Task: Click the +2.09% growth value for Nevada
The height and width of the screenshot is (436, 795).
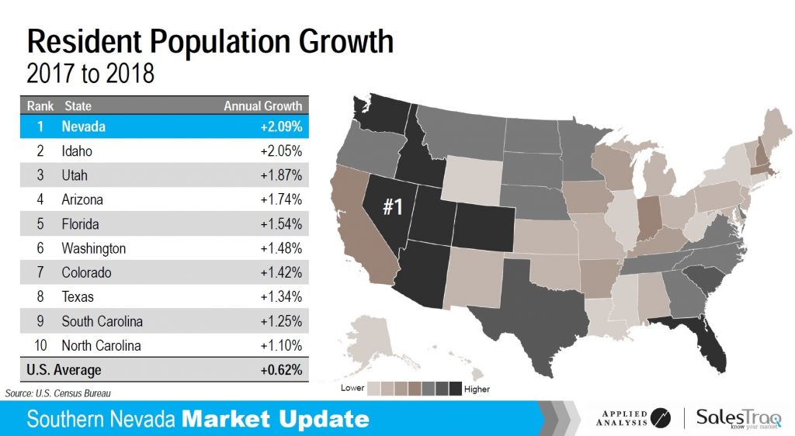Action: pos(280,127)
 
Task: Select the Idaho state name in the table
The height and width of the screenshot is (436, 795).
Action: pos(77,151)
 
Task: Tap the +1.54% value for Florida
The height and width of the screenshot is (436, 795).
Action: pos(280,224)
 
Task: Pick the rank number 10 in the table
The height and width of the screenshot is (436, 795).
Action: pos(39,345)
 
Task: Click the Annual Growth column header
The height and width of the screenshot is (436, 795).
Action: pos(262,106)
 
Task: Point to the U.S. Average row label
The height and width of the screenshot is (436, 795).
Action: pos(64,370)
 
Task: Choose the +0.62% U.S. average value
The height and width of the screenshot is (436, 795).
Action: pos(280,370)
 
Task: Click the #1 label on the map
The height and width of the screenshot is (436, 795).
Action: pos(393,207)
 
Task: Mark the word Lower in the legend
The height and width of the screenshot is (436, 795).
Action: pos(352,387)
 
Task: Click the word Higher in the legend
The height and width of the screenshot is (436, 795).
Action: pos(477,388)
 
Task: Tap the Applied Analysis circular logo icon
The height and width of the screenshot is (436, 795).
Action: pos(661,418)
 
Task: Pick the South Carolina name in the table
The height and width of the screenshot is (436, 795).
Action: pos(102,321)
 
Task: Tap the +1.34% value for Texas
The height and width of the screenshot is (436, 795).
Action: pos(280,297)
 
